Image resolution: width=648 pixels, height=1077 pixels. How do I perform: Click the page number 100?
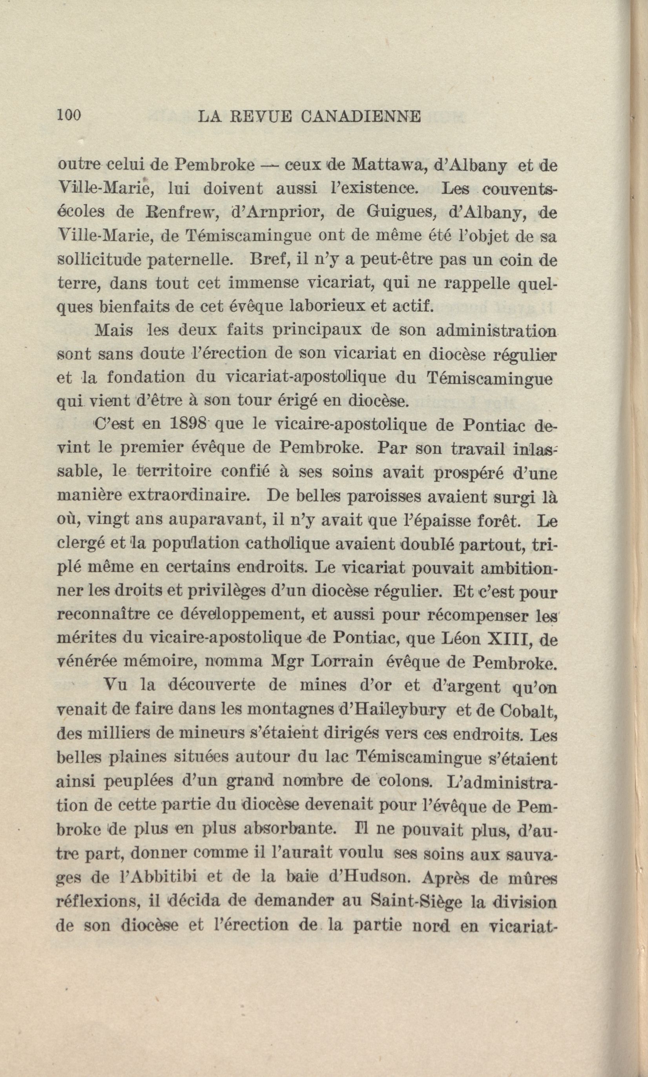click(x=69, y=116)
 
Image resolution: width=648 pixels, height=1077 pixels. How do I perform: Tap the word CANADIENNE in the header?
click(x=361, y=117)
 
